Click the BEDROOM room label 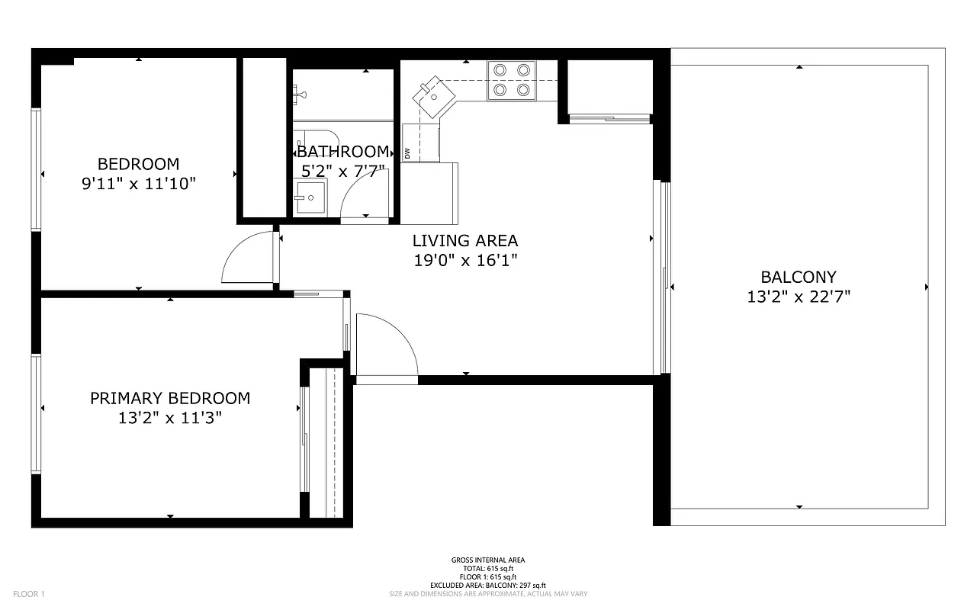click(x=139, y=164)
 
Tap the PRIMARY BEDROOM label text click(x=170, y=398)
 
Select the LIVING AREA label click(x=465, y=241)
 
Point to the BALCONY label click(x=799, y=278)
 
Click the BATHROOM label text click(x=343, y=152)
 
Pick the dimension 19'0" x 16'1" click(x=465, y=261)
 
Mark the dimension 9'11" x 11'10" click(x=139, y=184)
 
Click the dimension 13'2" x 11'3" click(x=170, y=418)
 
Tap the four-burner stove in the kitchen click(x=511, y=79)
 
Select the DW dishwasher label click(x=407, y=153)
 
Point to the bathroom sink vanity click(x=310, y=197)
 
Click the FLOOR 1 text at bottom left click(x=30, y=594)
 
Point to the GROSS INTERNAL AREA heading click(x=488, y=560)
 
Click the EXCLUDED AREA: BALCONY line click(x=488, y=586)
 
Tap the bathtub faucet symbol click(x=300, y=95)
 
